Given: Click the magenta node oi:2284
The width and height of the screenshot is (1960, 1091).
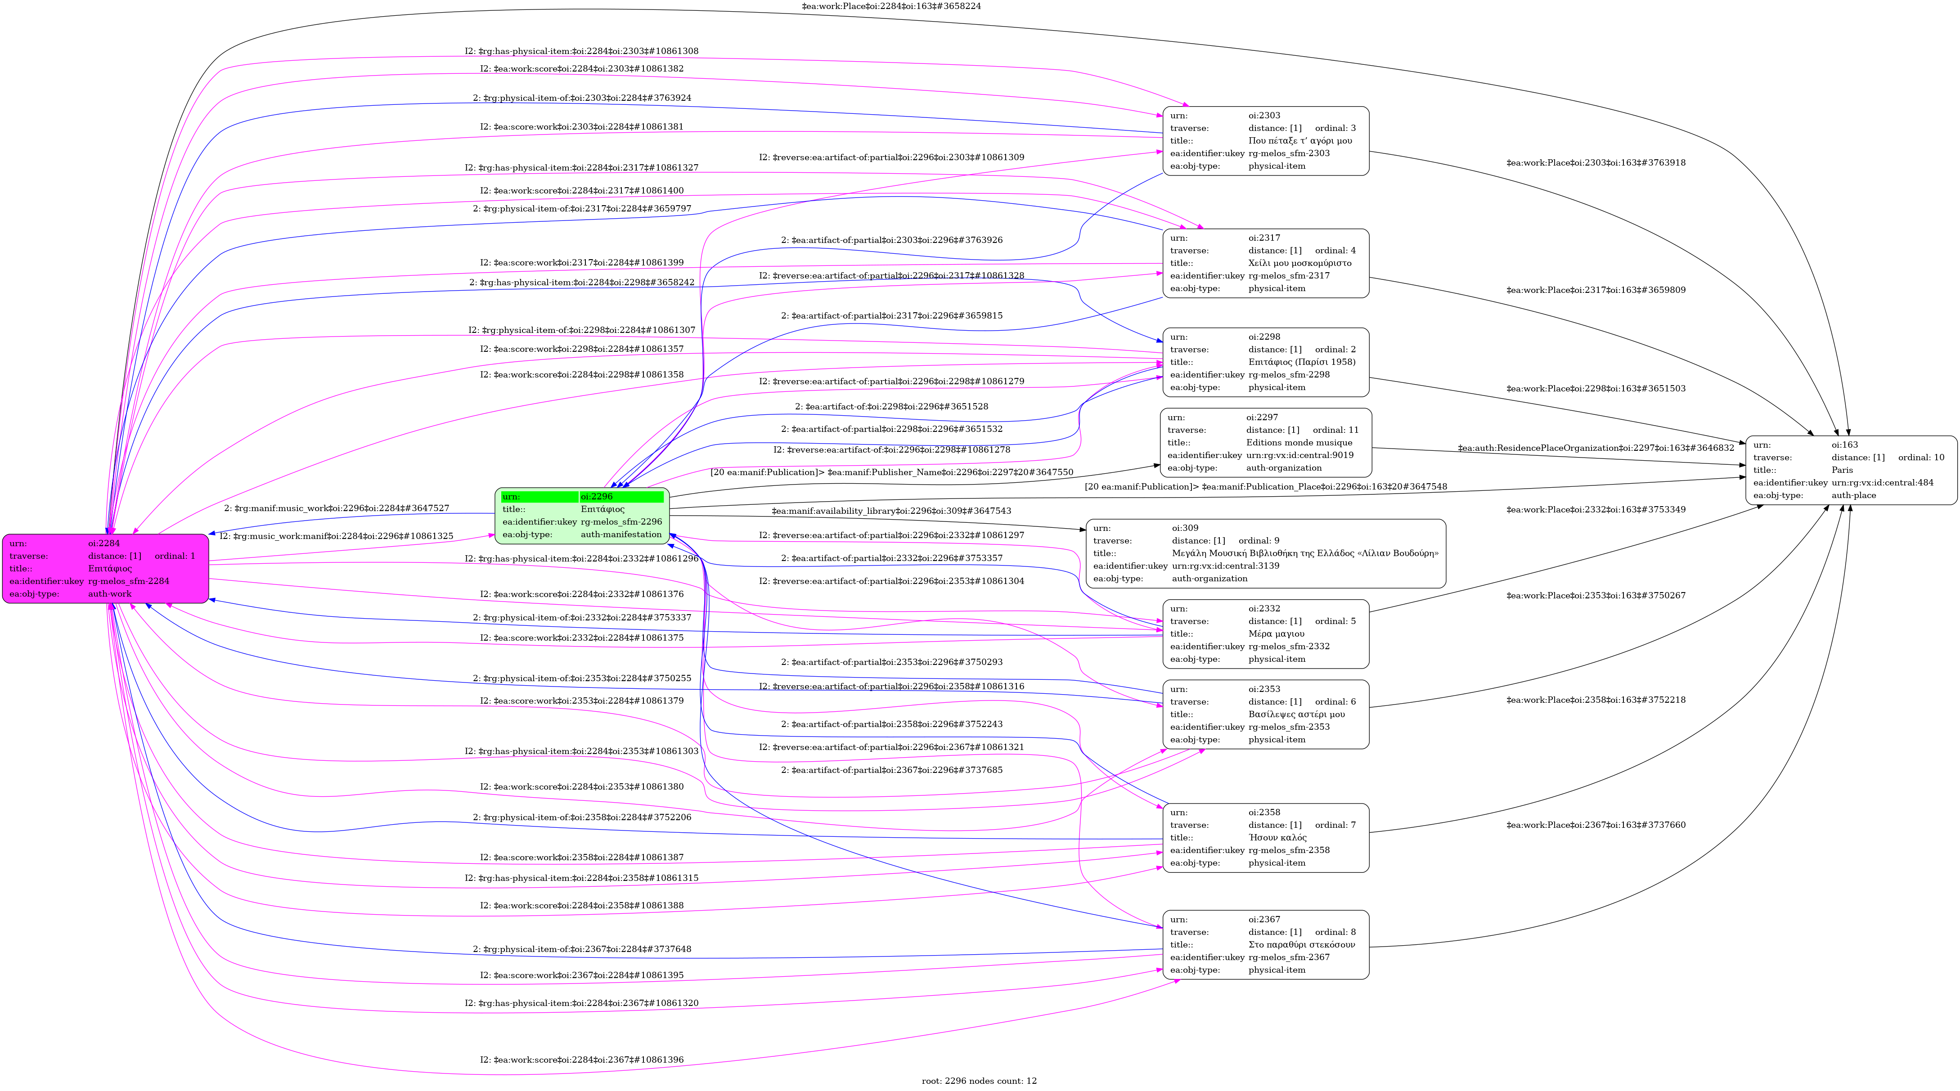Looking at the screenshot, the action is pyautogui.click(x=106, y=568).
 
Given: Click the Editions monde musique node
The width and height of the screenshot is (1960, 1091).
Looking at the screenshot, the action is pyautogui.click(x=1266, y=443).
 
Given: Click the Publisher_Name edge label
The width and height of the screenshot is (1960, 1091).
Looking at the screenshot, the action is pyautogui.click(x=892, y=472).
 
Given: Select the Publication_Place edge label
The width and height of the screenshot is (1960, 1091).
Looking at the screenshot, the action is pyautogui.click(x=1266, y=487).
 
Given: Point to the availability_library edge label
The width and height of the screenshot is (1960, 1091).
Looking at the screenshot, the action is pyautogui.click(x=891, y=511).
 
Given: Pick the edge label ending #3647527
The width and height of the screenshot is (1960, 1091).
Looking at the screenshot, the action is pyautogui.click(x=336, y=508).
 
